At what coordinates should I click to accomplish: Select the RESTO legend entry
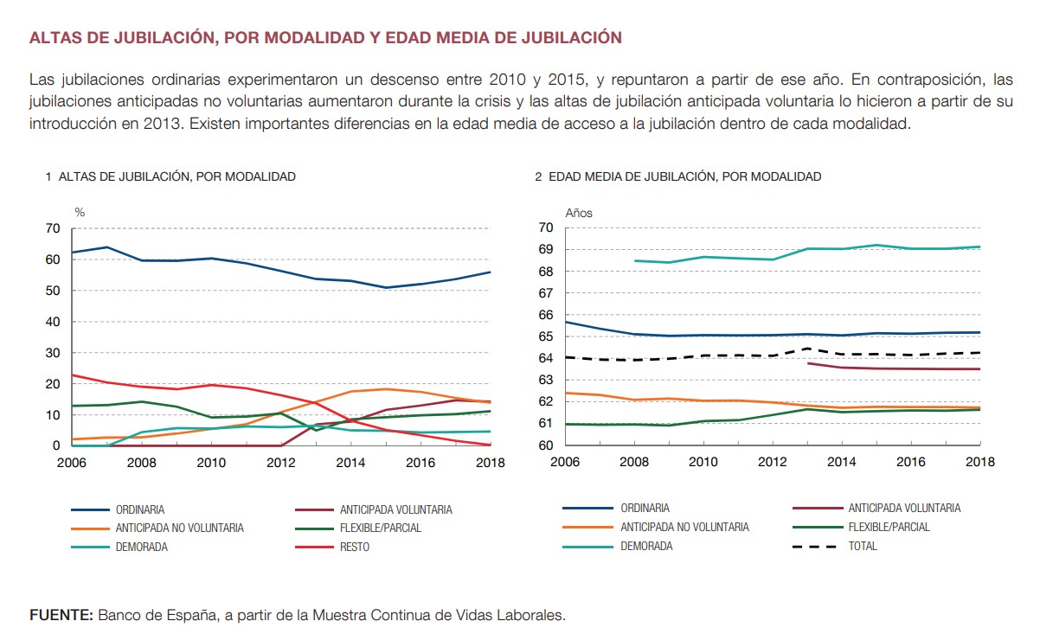354,547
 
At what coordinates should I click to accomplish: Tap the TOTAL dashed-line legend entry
862,546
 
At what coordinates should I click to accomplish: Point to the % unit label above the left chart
80,212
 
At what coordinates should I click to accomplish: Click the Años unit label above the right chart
579,212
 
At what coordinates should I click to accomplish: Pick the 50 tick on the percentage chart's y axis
54,291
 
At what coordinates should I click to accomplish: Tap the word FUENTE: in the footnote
61,616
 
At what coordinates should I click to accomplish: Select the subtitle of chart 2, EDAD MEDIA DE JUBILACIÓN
684,176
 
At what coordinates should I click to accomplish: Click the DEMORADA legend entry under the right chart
645,546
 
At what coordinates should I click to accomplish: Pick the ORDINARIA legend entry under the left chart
140,509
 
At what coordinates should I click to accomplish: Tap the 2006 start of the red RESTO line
72,375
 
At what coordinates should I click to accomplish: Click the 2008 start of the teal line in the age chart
635,260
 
